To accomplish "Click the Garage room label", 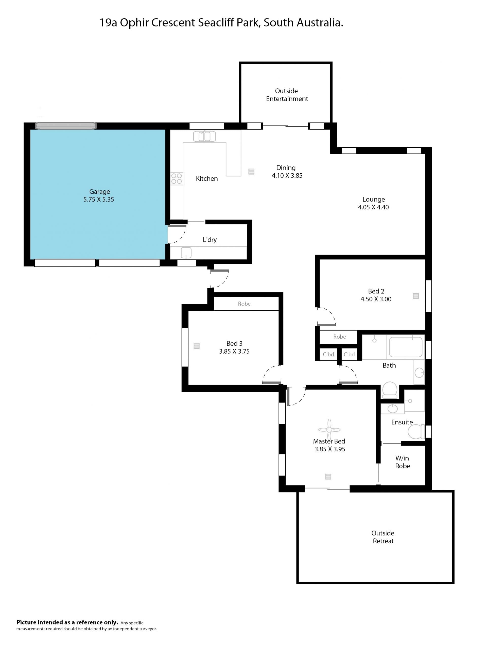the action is click(x=99, y=192).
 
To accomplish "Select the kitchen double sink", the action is click(x=204, y=136).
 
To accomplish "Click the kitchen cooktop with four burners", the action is click(x=177, y=178).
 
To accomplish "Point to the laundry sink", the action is click(x=186, y=253).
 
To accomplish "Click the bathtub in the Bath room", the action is click(x=406, y=347).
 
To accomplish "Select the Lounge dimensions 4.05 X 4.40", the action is click(x=373, y=207).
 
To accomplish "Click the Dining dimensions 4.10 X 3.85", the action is click(x=287, y=175).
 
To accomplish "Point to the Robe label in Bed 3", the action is click(x=244, y=304).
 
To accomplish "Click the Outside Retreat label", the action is click(x=383, y=537).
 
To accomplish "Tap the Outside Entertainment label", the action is click(x=287, y=95).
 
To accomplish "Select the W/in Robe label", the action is click(x=402, y=462).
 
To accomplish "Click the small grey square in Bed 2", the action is click(x=416, y=296).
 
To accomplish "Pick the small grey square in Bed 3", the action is click(x=196, y=346).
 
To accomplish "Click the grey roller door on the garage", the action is click(x=66, y=126).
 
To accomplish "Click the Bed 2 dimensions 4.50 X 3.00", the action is click(x=376, y=299).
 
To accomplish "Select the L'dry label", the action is click(x=210, y=240).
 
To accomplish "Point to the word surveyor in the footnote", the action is click(x=147, y=629).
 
